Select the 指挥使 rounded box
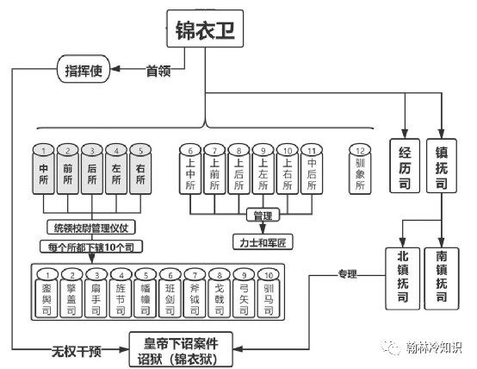click(x=84, y=70)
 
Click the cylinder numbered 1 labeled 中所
click(x=44, y=169)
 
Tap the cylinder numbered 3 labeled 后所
click(x=92, y=169)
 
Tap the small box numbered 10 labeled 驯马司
click(x=271, y=293)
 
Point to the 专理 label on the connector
click(x=349, y=275)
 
